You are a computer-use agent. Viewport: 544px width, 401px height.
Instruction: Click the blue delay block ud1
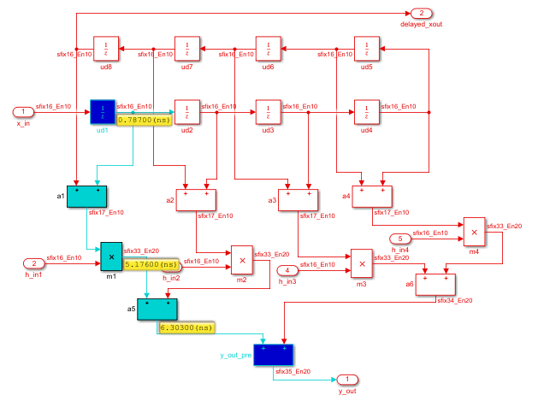coord(102,112)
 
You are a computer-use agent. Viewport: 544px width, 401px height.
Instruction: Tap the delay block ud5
coord(366,48)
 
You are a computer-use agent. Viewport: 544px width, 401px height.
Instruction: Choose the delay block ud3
coord(268,112)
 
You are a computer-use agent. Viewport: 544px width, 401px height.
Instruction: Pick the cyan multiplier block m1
coord(112,255)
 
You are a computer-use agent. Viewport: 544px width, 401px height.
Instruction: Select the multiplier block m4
coord(475,230)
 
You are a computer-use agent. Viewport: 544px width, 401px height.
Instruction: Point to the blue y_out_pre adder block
coord(274,355)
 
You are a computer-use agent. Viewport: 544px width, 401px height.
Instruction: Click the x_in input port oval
coord(24,112)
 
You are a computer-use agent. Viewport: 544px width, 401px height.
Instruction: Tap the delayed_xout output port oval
coord(421,13)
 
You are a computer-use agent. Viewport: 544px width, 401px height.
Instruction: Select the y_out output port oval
coord(346,379)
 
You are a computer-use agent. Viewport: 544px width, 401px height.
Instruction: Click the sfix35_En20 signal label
coord(293,372)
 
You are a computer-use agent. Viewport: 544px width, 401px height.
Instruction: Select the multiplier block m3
coord(361,262)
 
